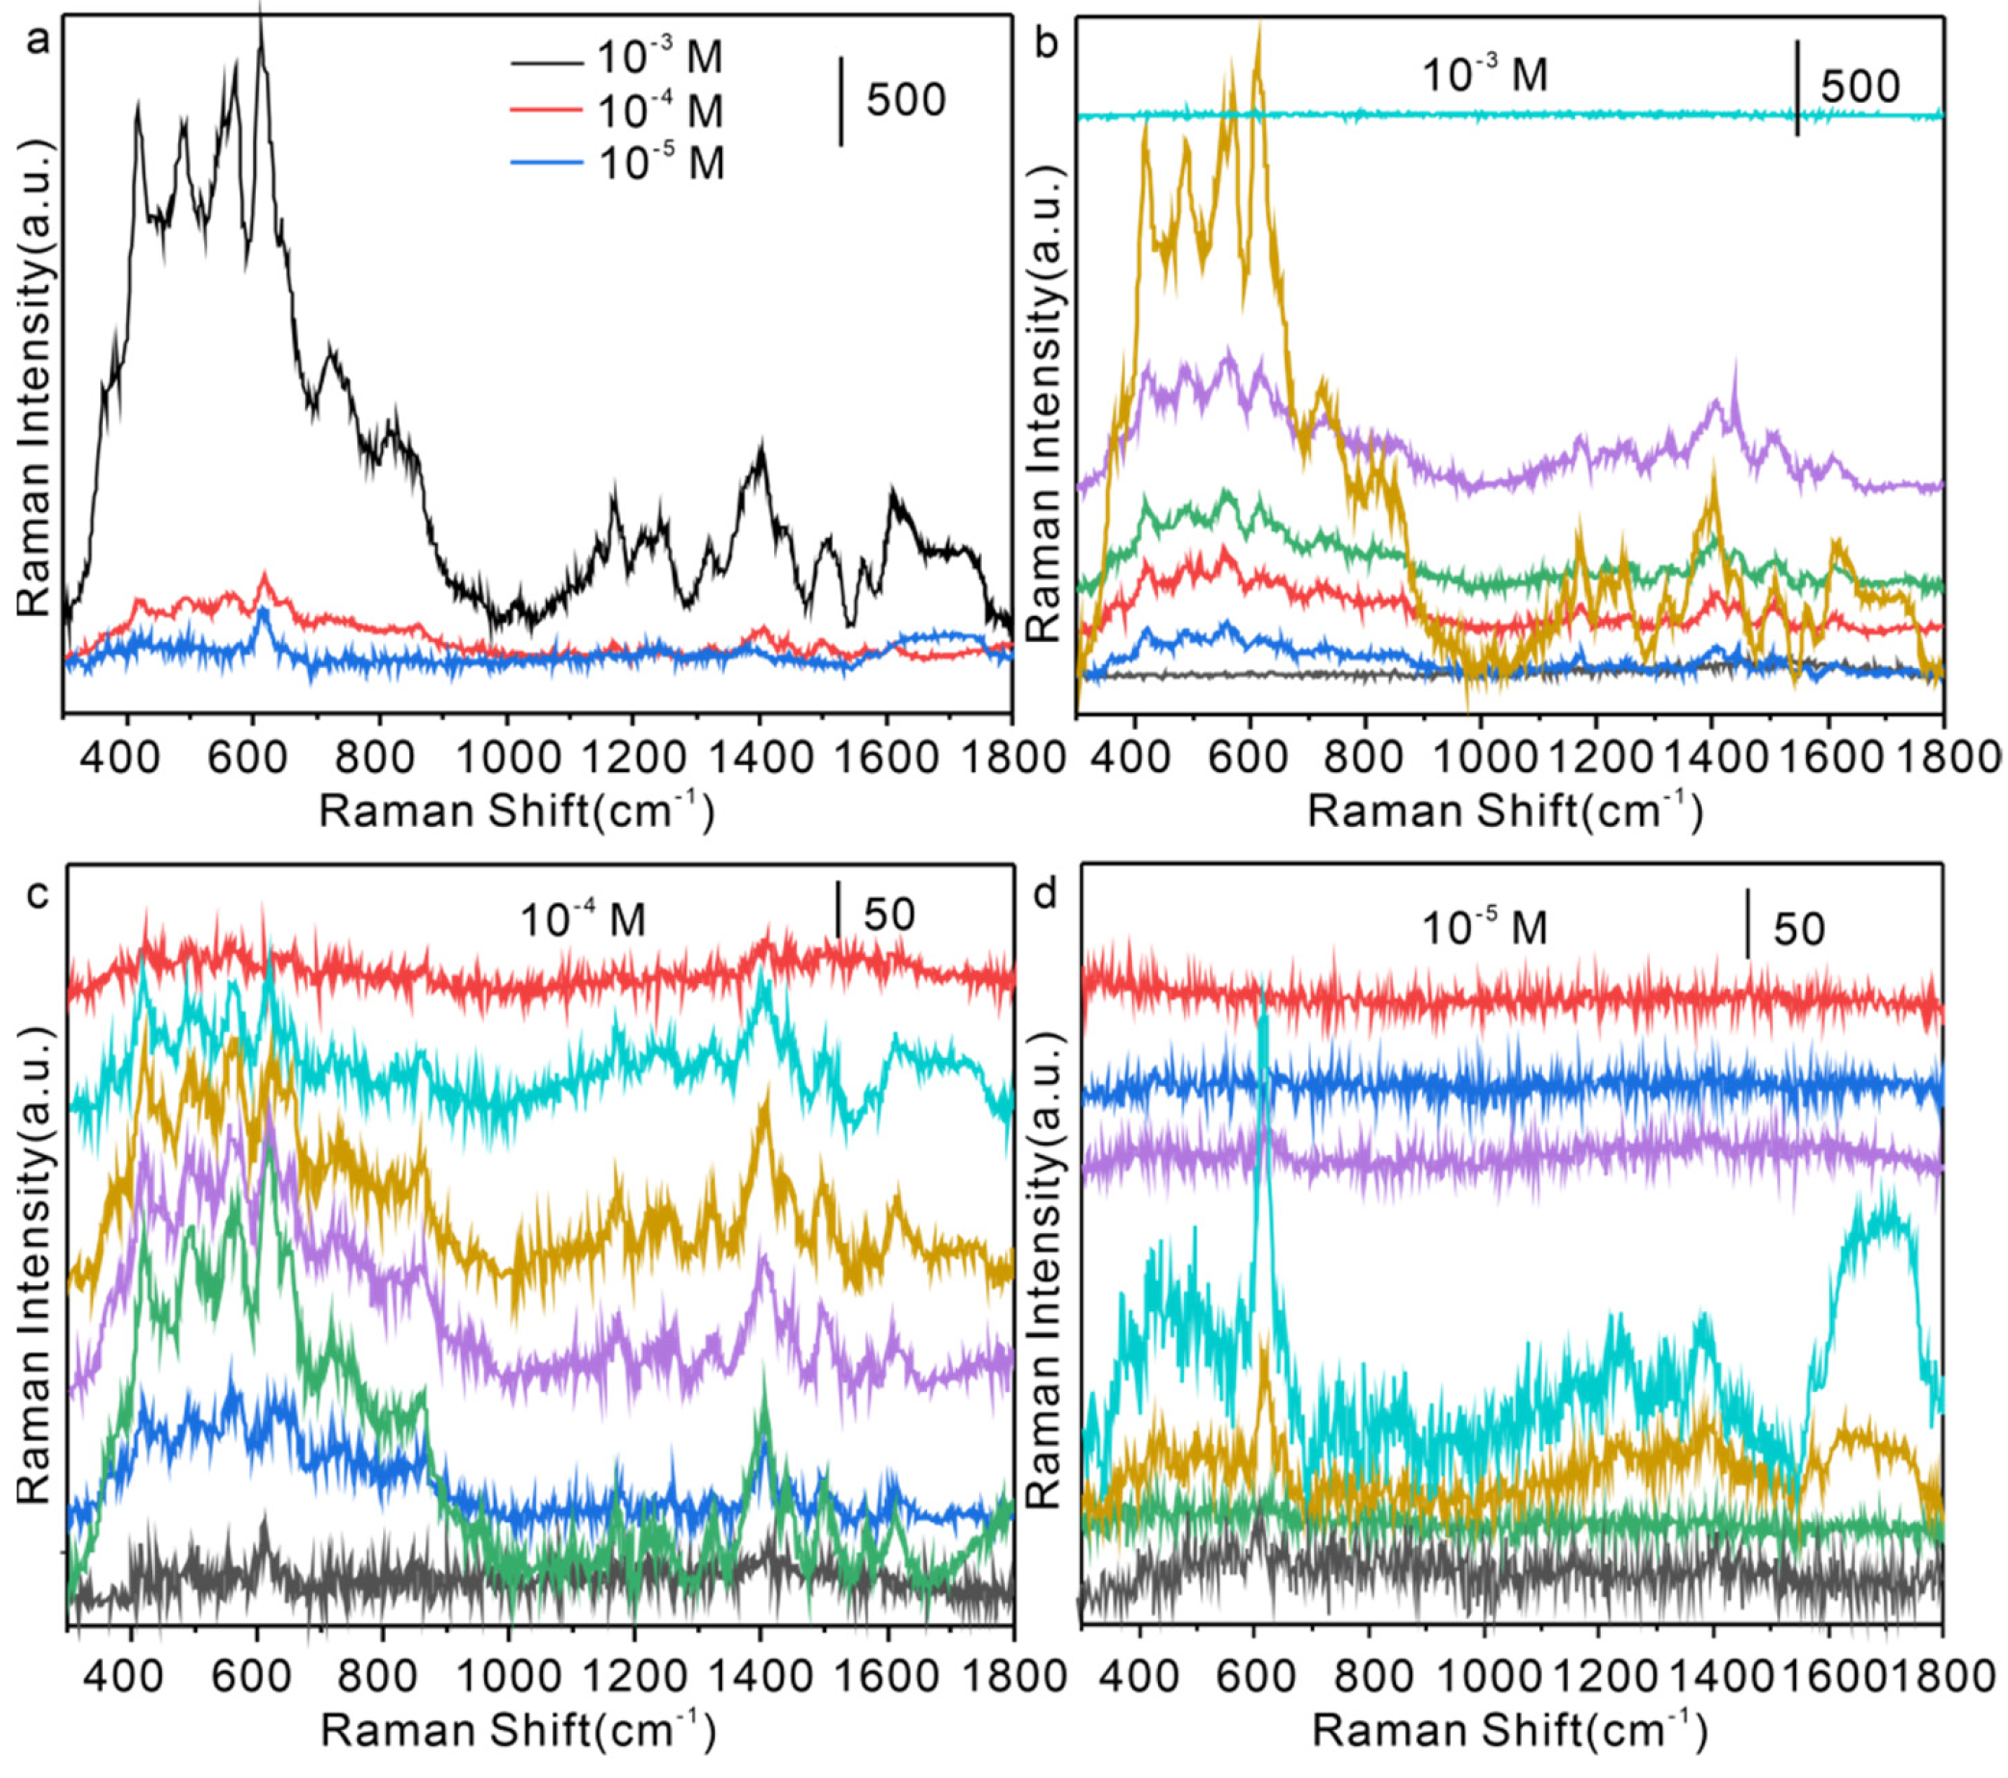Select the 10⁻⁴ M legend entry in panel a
coord(659,111)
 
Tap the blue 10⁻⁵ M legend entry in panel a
coord(660,162)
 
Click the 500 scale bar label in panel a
coord(906,100)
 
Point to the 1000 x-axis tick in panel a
coord(507,758)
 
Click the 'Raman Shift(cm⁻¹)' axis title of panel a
coord(517,812)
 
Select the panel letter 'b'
coord(1047,45)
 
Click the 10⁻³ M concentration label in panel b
coord(1485,76)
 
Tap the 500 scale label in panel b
coord(1860,87)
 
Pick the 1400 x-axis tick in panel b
coord(1712,759)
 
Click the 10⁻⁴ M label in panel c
coord(582,920)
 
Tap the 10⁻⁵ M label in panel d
coord(1485,927)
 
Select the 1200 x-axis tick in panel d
coord(1596,1674)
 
